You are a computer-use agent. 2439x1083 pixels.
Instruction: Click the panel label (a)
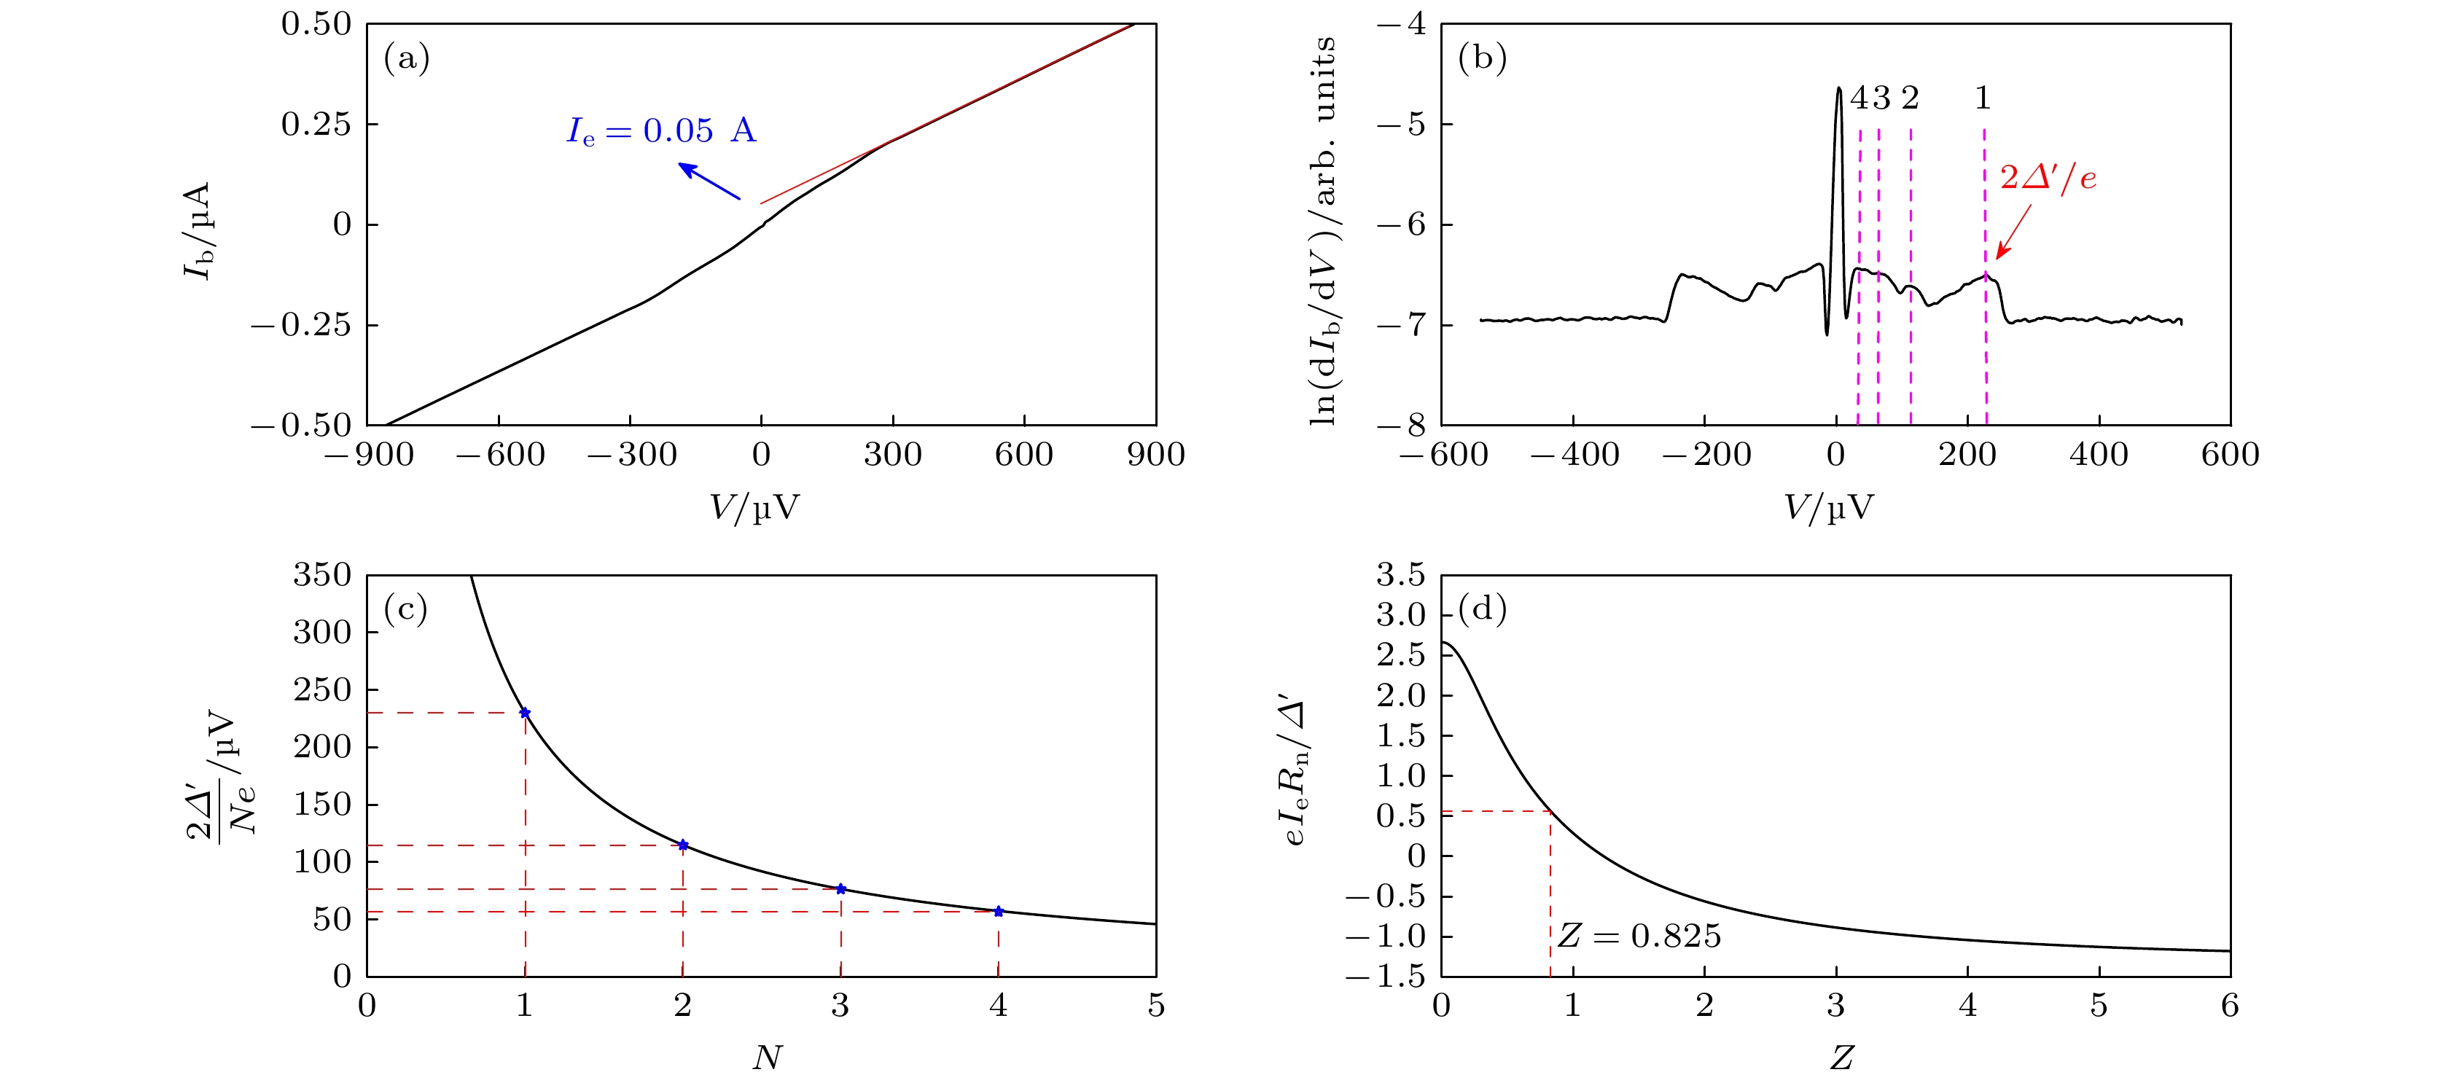[406, 59]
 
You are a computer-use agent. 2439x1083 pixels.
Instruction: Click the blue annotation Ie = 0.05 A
[661, 130]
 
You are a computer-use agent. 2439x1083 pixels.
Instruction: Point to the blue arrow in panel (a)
[709, 181]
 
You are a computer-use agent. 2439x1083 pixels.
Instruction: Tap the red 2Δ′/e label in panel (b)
[2047, 178]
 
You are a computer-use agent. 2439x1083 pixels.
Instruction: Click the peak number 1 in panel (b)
[1983, 98]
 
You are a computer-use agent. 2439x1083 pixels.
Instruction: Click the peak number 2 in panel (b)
[1910, 98]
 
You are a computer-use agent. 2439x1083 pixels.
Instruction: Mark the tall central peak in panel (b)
[1838, 89]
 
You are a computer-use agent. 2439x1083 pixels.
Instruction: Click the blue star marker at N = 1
[525, 713]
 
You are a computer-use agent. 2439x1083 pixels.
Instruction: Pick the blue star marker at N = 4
[998, 912]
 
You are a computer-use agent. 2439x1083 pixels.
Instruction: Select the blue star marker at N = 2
[683, 845]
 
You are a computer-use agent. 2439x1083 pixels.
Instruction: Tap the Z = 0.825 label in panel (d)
[1639, 937]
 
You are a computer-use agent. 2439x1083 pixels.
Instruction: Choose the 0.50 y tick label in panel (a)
[316, 23]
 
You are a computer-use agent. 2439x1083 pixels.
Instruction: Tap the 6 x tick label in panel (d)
[2230, 1005]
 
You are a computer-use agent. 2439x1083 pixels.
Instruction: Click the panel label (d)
[1483, 609]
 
